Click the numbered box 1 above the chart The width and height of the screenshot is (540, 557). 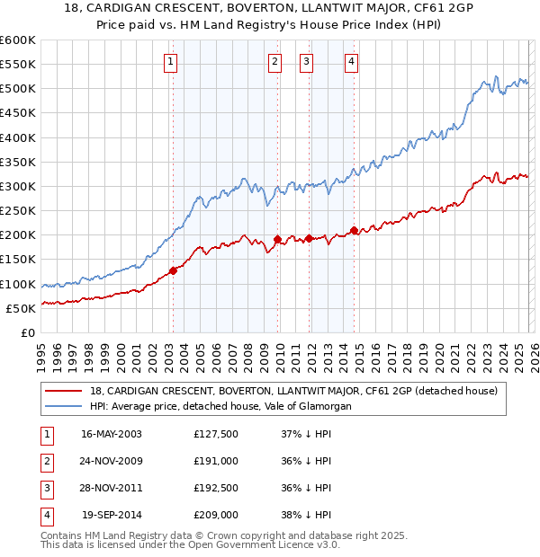(171, 62)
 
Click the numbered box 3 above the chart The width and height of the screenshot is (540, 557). (307, 62)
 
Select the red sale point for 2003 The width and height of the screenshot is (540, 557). (173, 270)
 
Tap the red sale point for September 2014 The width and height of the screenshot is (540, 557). (354, 231)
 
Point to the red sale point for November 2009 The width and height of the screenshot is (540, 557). (277, 240)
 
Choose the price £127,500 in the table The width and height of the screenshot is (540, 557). (216, 434)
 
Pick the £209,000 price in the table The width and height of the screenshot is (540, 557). (216, 515)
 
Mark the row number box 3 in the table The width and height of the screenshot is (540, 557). (45, 488)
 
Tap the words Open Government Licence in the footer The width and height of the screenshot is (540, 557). (256, 545)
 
